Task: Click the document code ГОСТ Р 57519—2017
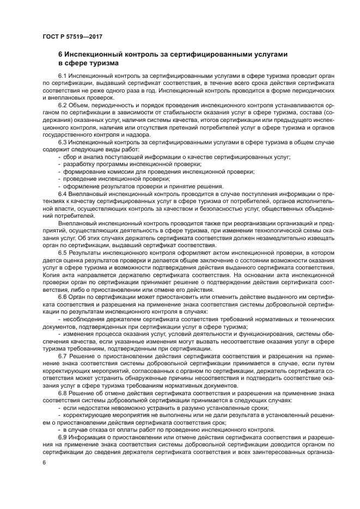pos(72,36)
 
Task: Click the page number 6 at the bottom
pos(44,462)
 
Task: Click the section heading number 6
pos(60,55)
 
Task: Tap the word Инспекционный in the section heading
pos(94,55)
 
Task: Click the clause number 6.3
pos(63,142)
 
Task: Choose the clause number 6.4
pos(63,194)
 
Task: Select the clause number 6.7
pos(63,355)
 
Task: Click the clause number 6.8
pos(63,393)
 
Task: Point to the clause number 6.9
pos(63,437)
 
